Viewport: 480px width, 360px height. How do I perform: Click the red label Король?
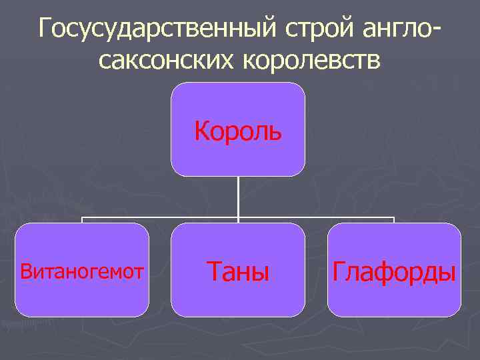point(238,131)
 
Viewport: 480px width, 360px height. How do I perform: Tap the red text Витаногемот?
point(82,271)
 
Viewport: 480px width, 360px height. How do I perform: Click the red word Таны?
point(238,271)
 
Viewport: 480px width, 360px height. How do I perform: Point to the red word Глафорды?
point(394,272)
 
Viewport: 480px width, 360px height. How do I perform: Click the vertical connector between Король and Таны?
point(238,197)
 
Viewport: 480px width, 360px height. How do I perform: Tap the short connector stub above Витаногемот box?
point(82,220)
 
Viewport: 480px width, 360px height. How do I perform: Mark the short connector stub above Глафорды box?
point(394,220)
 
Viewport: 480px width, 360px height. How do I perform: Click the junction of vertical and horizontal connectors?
point(238,217)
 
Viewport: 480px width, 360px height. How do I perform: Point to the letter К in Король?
point(202,131)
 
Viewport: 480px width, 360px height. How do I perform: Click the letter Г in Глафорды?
point(339,271)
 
